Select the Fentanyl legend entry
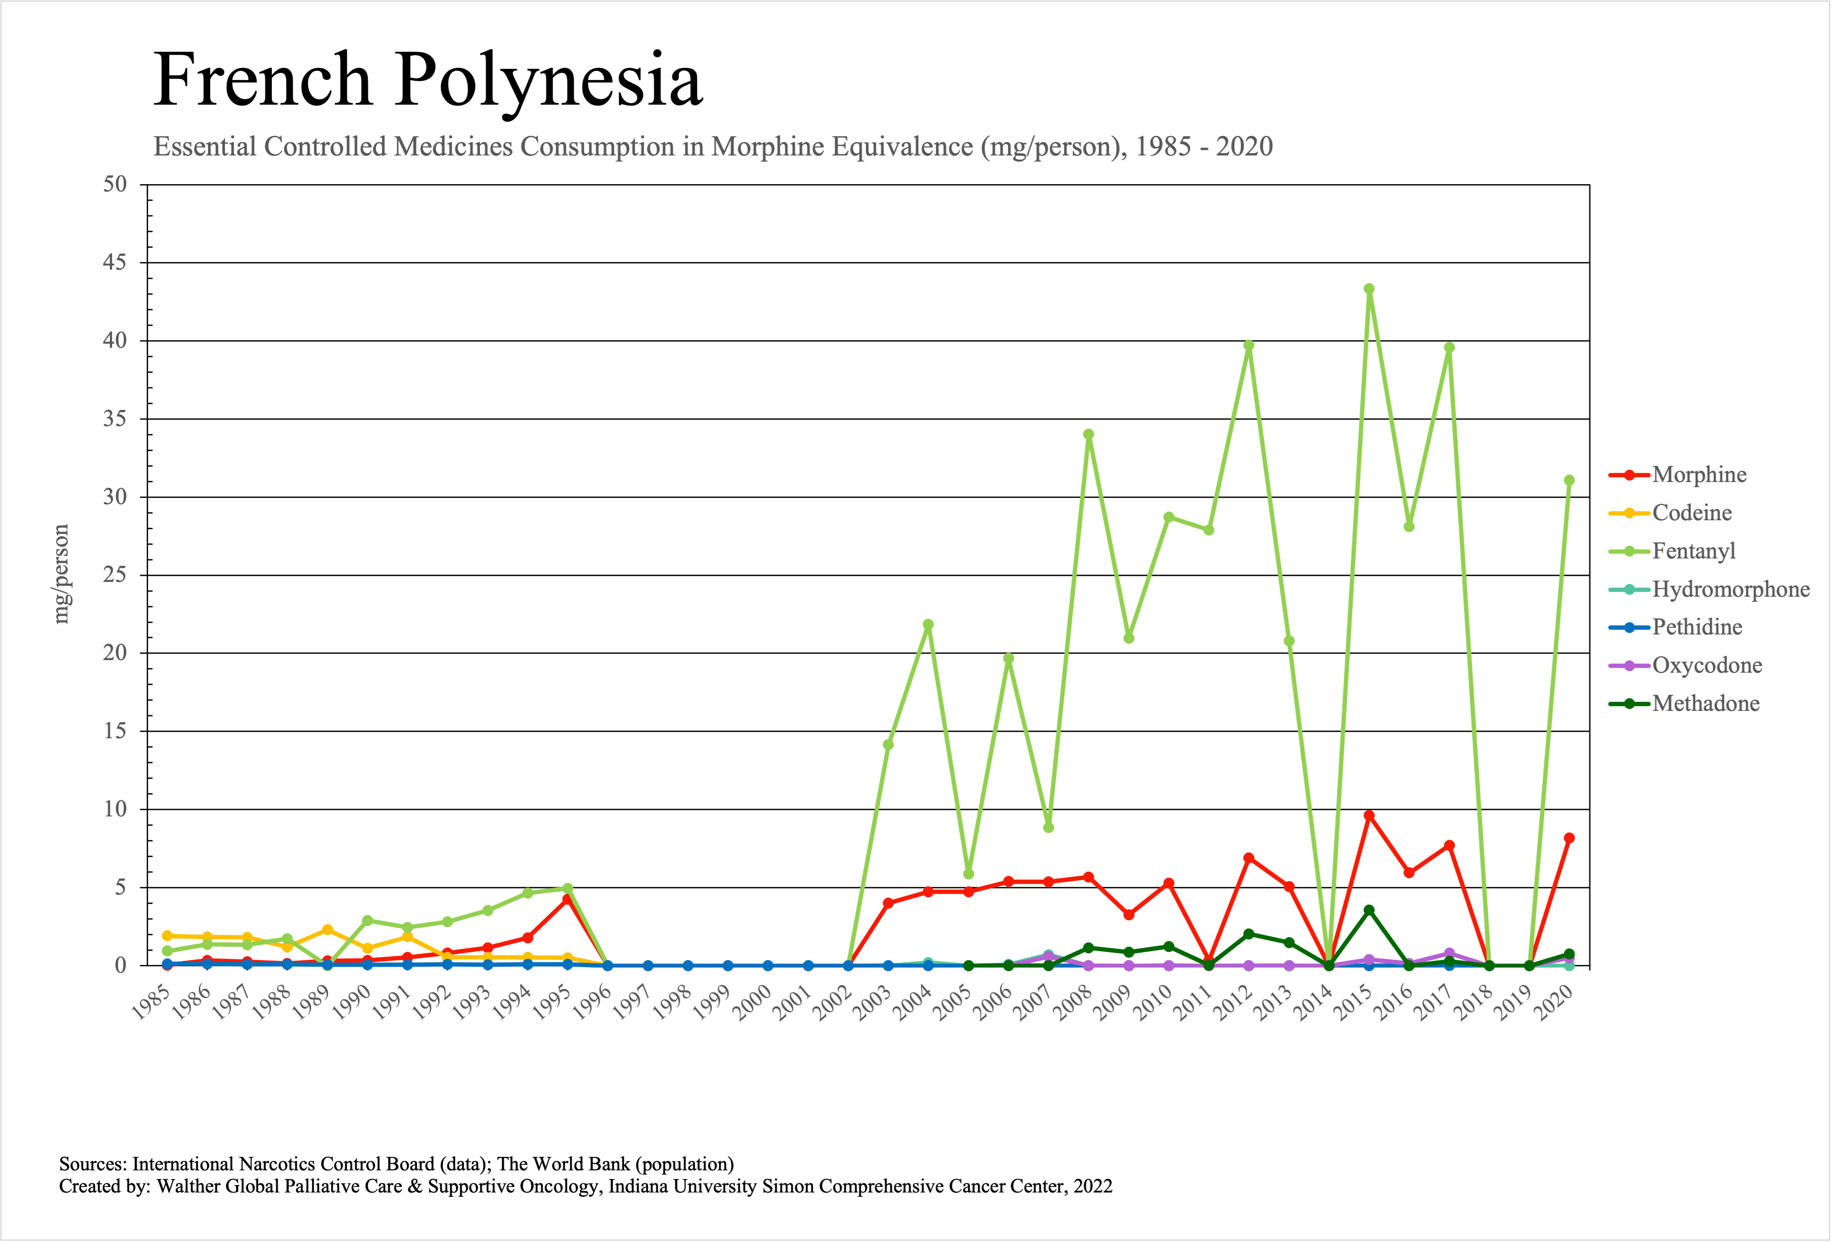point(1694,551)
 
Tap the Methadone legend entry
point(1705,704)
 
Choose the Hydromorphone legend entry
point(1731,589)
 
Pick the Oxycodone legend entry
point(1707,666)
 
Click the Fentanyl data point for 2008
point(1088,435)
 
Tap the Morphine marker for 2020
point(1569,838)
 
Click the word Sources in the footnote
point(92,1164)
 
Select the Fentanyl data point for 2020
point(1569,480)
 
